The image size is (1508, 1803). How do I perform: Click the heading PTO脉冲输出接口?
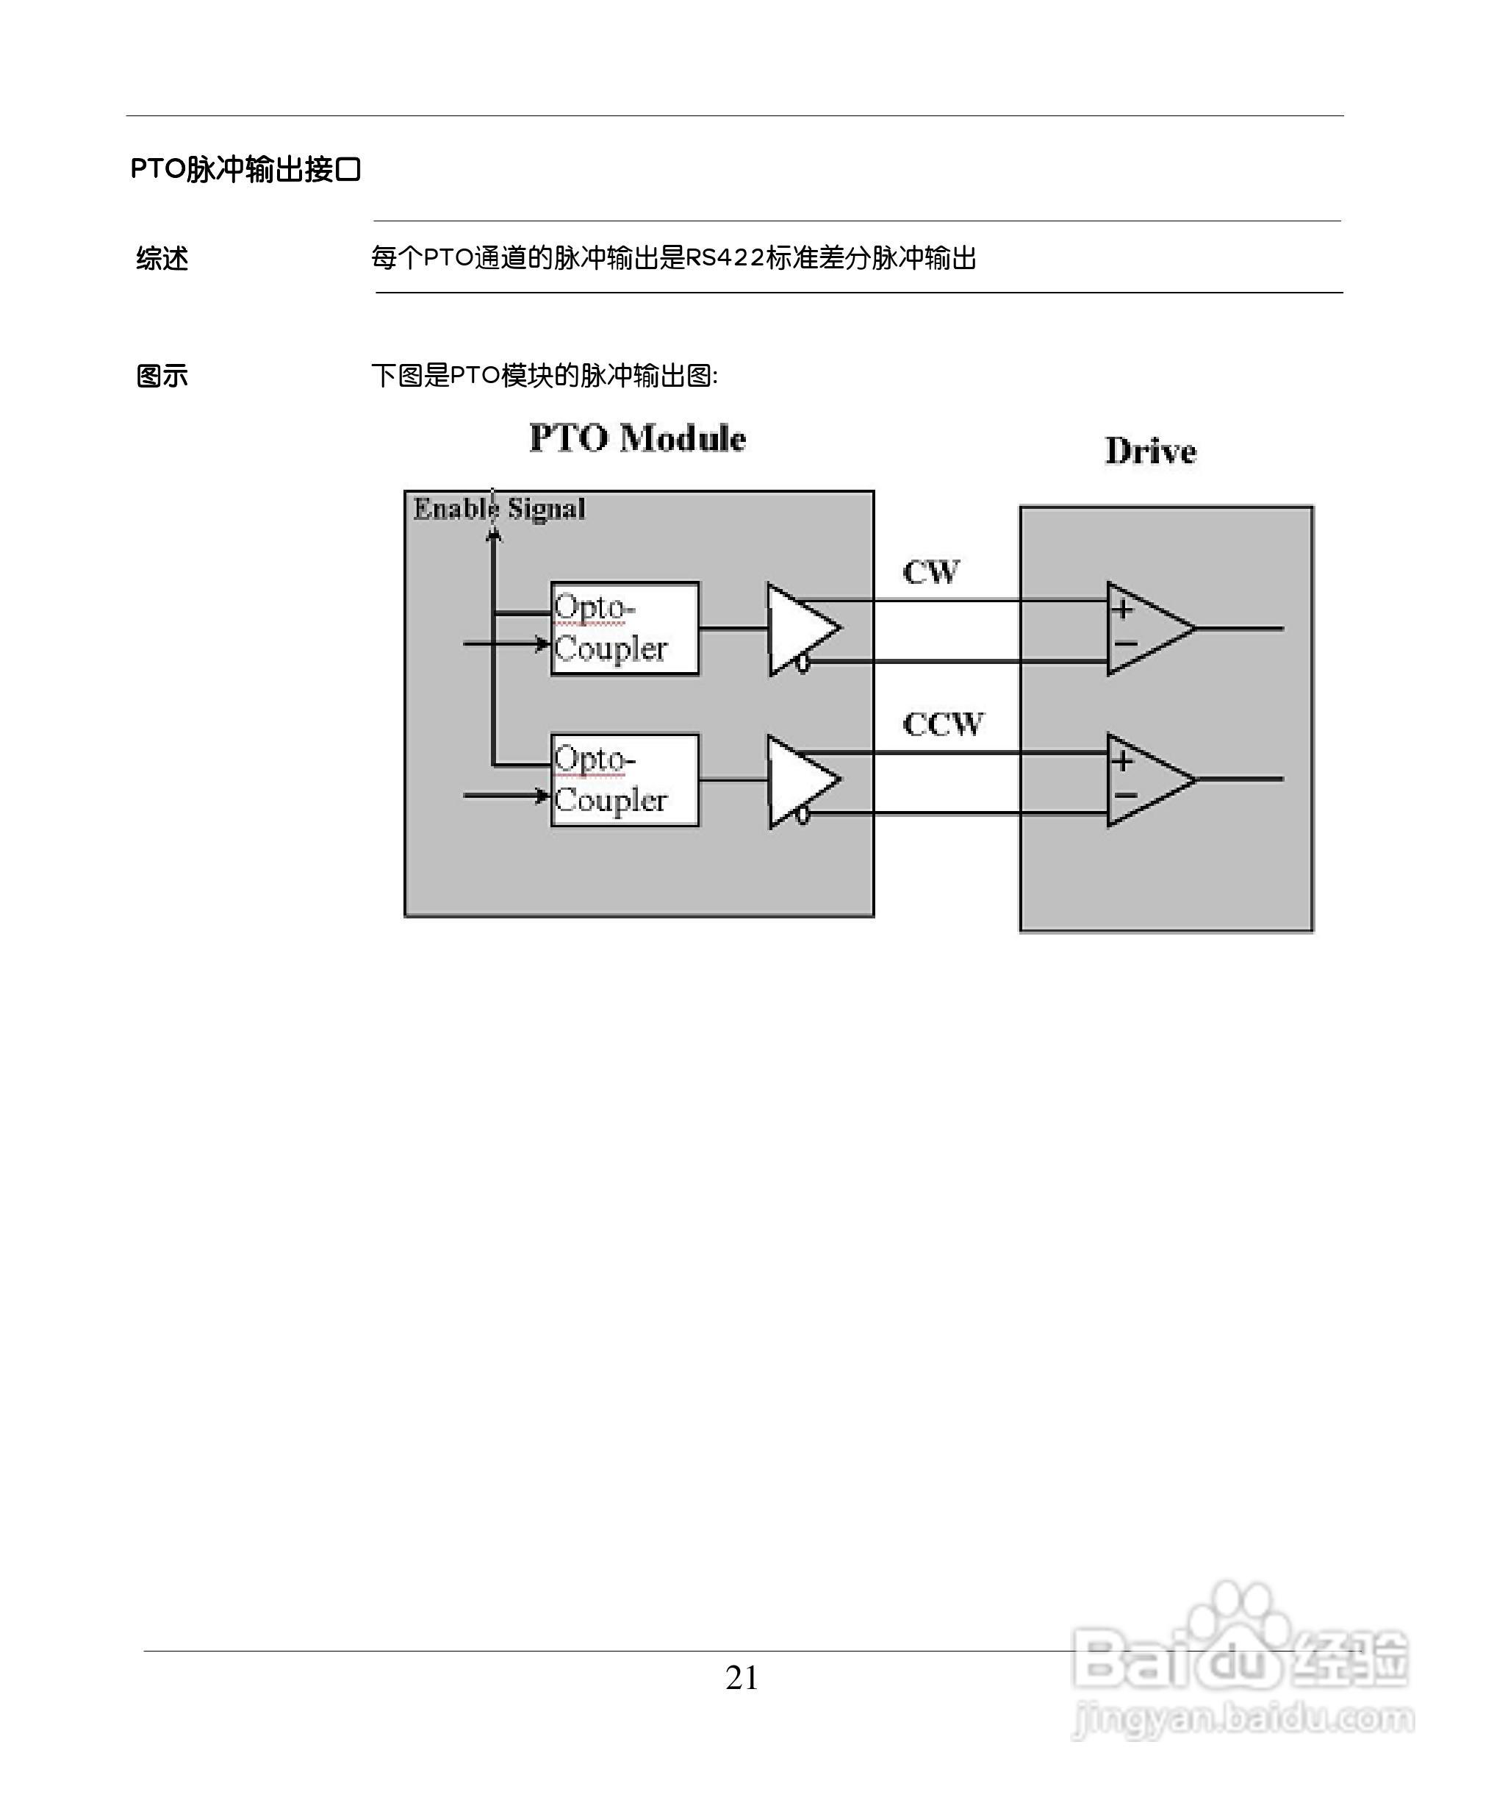click(245, 169)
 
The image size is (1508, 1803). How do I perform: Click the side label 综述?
click(162, 258)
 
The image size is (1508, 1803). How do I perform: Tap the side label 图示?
click(162, 376)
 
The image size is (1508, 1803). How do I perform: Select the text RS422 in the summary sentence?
click(725, 257)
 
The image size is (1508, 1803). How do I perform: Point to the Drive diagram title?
click(1150, 451)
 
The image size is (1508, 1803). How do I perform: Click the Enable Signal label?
click(500, 509)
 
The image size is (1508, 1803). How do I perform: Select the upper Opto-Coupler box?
click(624, 629)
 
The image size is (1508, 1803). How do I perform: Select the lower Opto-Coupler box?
click(624, 780)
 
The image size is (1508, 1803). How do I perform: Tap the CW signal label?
click(931, 572)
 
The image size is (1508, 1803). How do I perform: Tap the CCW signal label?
click(942, 724)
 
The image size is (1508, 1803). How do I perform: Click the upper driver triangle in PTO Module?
click(798, 629)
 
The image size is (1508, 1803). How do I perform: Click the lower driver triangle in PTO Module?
click(798, 780)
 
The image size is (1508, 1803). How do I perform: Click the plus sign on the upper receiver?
click(1121, 610)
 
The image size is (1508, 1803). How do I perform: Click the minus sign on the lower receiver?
click(1125, 796)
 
